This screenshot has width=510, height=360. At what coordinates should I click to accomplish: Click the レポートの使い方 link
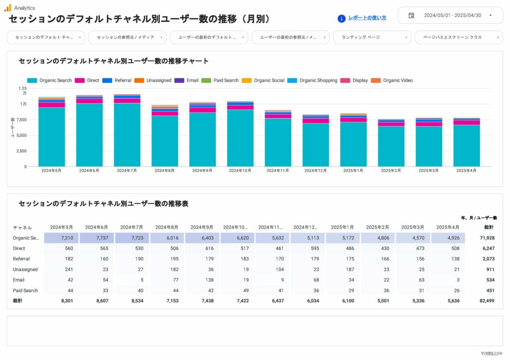(367, 18)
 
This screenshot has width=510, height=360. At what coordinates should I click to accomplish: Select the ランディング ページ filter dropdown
(371, 37)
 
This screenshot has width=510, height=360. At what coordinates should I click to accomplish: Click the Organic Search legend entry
(50, 81)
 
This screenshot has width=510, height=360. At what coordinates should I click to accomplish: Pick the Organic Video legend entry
(393, 81)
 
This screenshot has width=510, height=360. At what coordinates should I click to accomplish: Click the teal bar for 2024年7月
(127, 134)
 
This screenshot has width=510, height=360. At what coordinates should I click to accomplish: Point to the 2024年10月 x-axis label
(240, 171)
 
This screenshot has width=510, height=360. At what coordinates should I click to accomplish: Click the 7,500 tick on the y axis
(20, 120)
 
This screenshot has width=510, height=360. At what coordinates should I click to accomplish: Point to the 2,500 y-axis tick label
(20, 151)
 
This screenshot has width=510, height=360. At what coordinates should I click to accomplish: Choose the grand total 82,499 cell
(486, 301)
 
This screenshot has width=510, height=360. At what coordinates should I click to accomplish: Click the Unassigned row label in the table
(25, 269)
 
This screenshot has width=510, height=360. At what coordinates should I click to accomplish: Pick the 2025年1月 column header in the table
(342, 228)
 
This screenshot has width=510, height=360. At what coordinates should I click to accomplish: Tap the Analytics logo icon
(7, 7)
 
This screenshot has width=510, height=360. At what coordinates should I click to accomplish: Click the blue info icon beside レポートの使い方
(342, 18)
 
